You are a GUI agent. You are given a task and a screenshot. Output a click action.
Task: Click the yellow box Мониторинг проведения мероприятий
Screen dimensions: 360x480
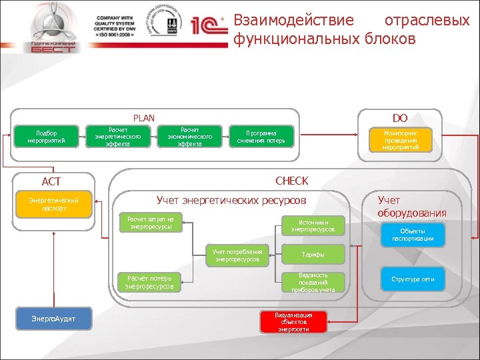(x=400, y=140)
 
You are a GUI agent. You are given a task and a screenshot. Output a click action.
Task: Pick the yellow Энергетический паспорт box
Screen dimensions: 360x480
(x=53, y=205)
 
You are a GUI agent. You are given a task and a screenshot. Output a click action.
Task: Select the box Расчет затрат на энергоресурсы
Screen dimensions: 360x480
(x=151, y=223)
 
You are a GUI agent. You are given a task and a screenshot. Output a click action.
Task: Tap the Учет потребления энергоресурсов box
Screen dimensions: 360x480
(x=237, y=255)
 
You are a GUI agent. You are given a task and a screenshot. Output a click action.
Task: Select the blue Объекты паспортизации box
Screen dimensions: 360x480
(x=413, y=235)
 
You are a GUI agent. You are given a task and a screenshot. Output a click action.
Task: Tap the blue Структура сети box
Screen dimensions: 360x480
(x=413, y=279)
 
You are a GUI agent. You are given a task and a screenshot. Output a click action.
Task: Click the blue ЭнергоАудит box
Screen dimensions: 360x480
(x=53, y=319)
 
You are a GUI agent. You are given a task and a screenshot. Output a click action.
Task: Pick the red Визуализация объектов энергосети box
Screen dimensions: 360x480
(x=293, y=321)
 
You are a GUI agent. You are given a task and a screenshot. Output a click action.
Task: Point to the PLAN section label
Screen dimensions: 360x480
(x=143, y=118)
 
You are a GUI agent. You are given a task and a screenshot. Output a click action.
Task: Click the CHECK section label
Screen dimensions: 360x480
(x=291, y=181)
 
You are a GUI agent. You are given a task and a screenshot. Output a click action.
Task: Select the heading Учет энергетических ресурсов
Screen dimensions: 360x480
(x=231, y=200)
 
